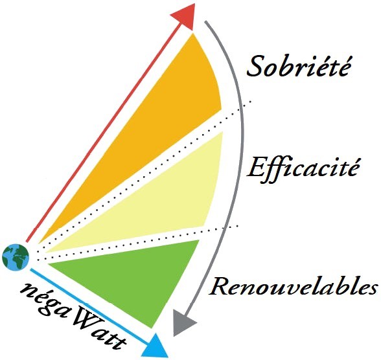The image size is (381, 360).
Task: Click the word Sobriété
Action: pyautogui.click(x=299, y=66)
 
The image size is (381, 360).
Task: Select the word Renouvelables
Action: pyautogui.click(x=294, y=286)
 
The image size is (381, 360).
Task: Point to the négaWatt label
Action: pyautogui.click(x=73, y=315)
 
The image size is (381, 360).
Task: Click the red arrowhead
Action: pyautogui.click(x=185, y=16)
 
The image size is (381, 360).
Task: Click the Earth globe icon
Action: pyautogui.click(x=16, y=257)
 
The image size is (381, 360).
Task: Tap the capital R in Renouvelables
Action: pyautogui.click(x=220, y=286)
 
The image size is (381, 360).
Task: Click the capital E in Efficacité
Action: pyautogui.click(x=257, y=168)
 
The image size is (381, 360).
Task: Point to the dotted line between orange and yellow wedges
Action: pyautogui.click(x=143, y=176)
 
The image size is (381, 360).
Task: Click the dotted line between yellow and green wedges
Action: pyautogui.click(x=137, y=243)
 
